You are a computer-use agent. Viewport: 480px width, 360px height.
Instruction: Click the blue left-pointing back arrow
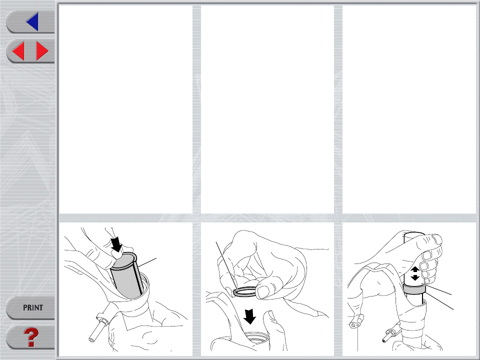coord(33,21)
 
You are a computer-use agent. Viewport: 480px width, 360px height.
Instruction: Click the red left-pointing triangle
coord(18,51)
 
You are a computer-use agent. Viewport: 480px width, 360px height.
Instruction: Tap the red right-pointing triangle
coord(42,51)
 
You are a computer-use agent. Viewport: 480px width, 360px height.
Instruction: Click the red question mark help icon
coord(31,337)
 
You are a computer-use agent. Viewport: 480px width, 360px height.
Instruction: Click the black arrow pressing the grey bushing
coord(116,244)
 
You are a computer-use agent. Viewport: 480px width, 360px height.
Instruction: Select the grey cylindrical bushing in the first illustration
coord(126,275)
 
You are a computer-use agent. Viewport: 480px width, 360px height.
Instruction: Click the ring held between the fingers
coord(244,291)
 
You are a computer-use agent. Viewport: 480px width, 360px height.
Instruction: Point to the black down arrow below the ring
coord(250,316)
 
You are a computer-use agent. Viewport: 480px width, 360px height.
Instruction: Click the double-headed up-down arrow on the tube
coord(415,273)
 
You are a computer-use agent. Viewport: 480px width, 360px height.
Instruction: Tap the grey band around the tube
coord(414,289)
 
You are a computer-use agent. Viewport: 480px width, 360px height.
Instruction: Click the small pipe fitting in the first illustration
coord(100,326)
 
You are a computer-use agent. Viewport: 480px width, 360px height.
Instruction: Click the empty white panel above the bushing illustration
coord(125,109)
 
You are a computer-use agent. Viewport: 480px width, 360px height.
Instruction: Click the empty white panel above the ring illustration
coord(267,109)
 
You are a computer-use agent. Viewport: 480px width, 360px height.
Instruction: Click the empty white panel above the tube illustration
coord(409,109)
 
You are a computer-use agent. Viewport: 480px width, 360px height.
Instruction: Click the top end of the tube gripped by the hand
coord(414,234)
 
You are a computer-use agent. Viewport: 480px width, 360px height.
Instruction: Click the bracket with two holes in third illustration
coord(356,321)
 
